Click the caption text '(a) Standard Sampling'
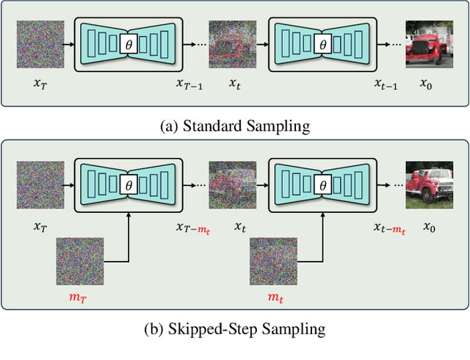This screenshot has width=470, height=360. [x=235, y=126]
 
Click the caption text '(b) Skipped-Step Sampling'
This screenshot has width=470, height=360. [x=235, y=329]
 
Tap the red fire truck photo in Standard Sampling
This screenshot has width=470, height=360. [x=430, y=46]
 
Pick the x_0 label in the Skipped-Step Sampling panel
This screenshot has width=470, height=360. [x=428, y=228]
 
